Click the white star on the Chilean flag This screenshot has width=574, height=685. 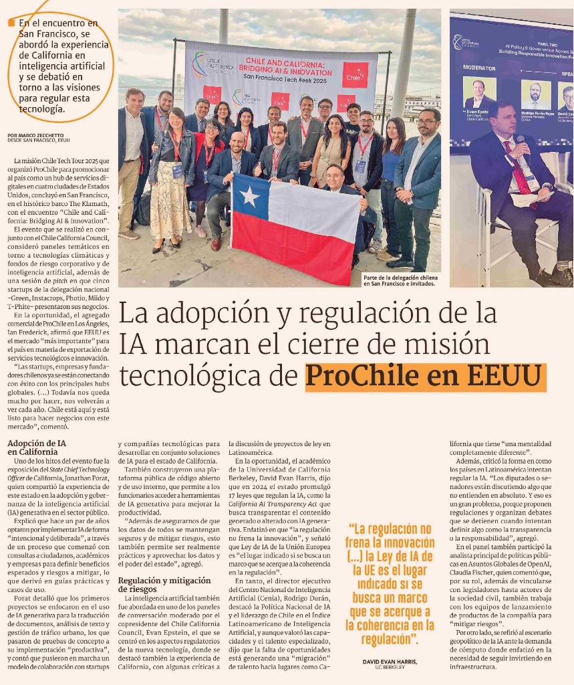click(250, 197)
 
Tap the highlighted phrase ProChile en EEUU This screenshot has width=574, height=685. click(425, 377)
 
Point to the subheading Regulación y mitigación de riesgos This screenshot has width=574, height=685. click(165, 584)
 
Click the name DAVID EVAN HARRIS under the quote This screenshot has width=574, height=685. click(390, 662)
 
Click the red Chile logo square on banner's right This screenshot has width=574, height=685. click(355, 75)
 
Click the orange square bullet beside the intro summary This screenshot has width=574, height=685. click(11, 24)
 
